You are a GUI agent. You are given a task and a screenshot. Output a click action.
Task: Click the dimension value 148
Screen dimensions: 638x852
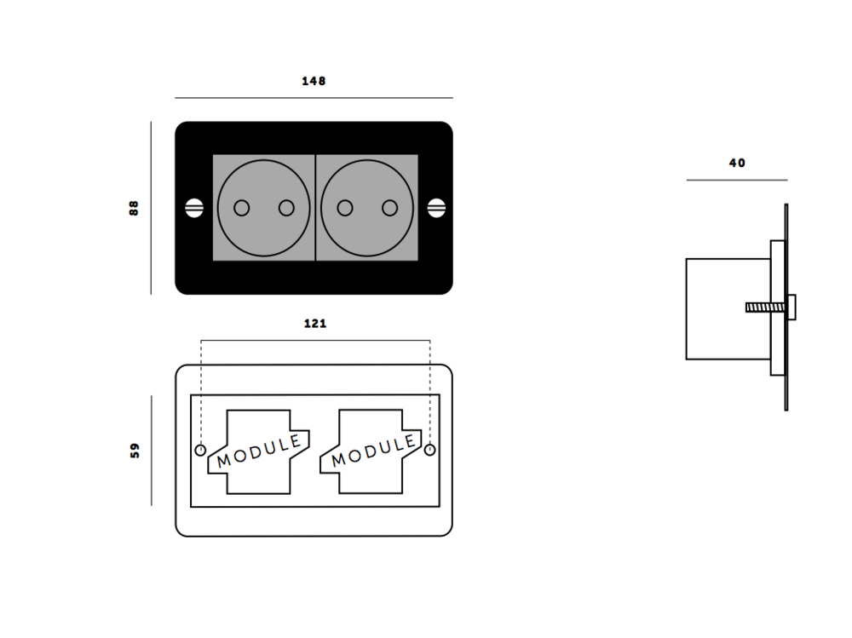pos(314,82)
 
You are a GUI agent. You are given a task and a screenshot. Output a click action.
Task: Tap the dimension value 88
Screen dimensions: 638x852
pos(134,208)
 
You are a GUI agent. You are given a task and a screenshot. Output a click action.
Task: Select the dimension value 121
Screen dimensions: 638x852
pos(314,324)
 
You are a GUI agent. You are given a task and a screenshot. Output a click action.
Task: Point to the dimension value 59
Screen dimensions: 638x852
pos(135,451)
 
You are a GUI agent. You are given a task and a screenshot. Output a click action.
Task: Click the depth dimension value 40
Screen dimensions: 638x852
pos(737,163)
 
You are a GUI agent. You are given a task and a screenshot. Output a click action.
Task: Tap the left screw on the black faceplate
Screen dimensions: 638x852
pos(194,208)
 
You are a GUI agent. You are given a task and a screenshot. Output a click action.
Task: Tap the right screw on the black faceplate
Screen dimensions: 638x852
pos(436,208)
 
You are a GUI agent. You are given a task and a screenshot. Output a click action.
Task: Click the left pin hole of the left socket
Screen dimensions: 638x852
pos(241,208)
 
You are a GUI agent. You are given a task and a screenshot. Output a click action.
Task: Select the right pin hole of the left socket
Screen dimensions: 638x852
pos(286,208)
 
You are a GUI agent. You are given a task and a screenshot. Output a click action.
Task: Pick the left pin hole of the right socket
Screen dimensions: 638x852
pos(345,208)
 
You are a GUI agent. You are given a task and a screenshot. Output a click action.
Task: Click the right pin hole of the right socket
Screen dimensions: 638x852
pos(390,208)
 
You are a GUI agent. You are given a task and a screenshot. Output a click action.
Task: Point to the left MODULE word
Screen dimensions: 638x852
pos(259,451)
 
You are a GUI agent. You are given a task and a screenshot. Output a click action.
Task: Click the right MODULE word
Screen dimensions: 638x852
pos(373,451)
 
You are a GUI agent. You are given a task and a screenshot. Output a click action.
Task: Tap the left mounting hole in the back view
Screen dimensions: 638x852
pos(201,450)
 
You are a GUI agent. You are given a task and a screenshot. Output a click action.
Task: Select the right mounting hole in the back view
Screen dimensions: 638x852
pos(430,450)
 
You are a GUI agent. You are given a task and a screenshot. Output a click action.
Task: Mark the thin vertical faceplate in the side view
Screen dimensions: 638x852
pos(786,307)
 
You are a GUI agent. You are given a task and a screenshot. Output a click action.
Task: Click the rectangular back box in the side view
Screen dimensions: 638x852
pos(724,308)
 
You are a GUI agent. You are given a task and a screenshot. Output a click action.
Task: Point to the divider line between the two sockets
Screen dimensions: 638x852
pos(315,208)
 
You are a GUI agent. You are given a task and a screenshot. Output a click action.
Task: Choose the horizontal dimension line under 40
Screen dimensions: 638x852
pos(737,180)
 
